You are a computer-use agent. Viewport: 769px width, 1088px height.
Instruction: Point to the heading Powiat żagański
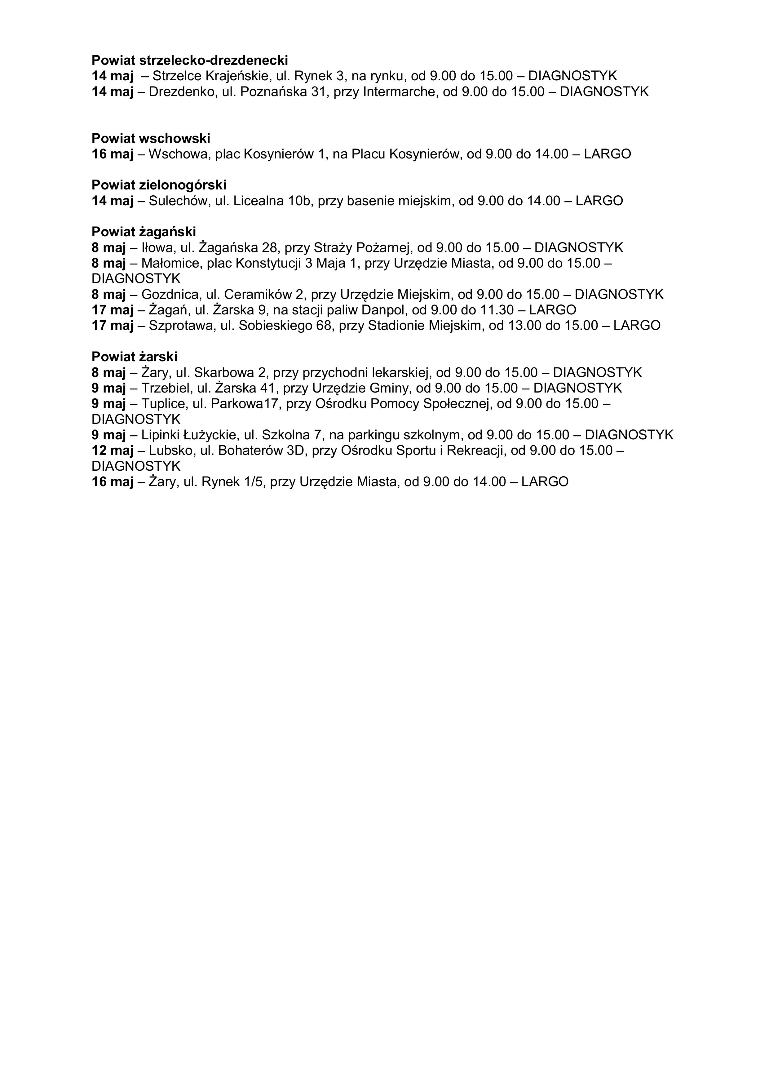click(144, 232)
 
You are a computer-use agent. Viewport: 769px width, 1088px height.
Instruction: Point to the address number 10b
click(298, 201)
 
